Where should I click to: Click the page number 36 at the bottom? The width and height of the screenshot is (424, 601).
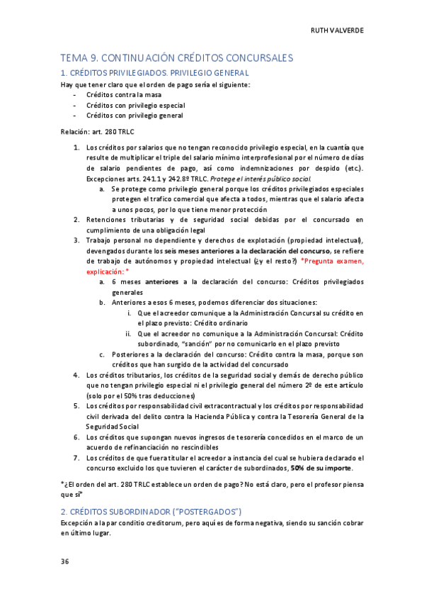click(x=64, y=561)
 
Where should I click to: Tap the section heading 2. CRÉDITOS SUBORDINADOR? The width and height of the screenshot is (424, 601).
click(x=151, y=511)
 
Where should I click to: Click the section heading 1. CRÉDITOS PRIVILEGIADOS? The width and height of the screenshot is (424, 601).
click(x=154, y=73)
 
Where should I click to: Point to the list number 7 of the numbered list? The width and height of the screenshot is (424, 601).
click(x=76, y=458)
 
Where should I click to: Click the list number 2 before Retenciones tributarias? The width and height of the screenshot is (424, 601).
click(x=76, y=220)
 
